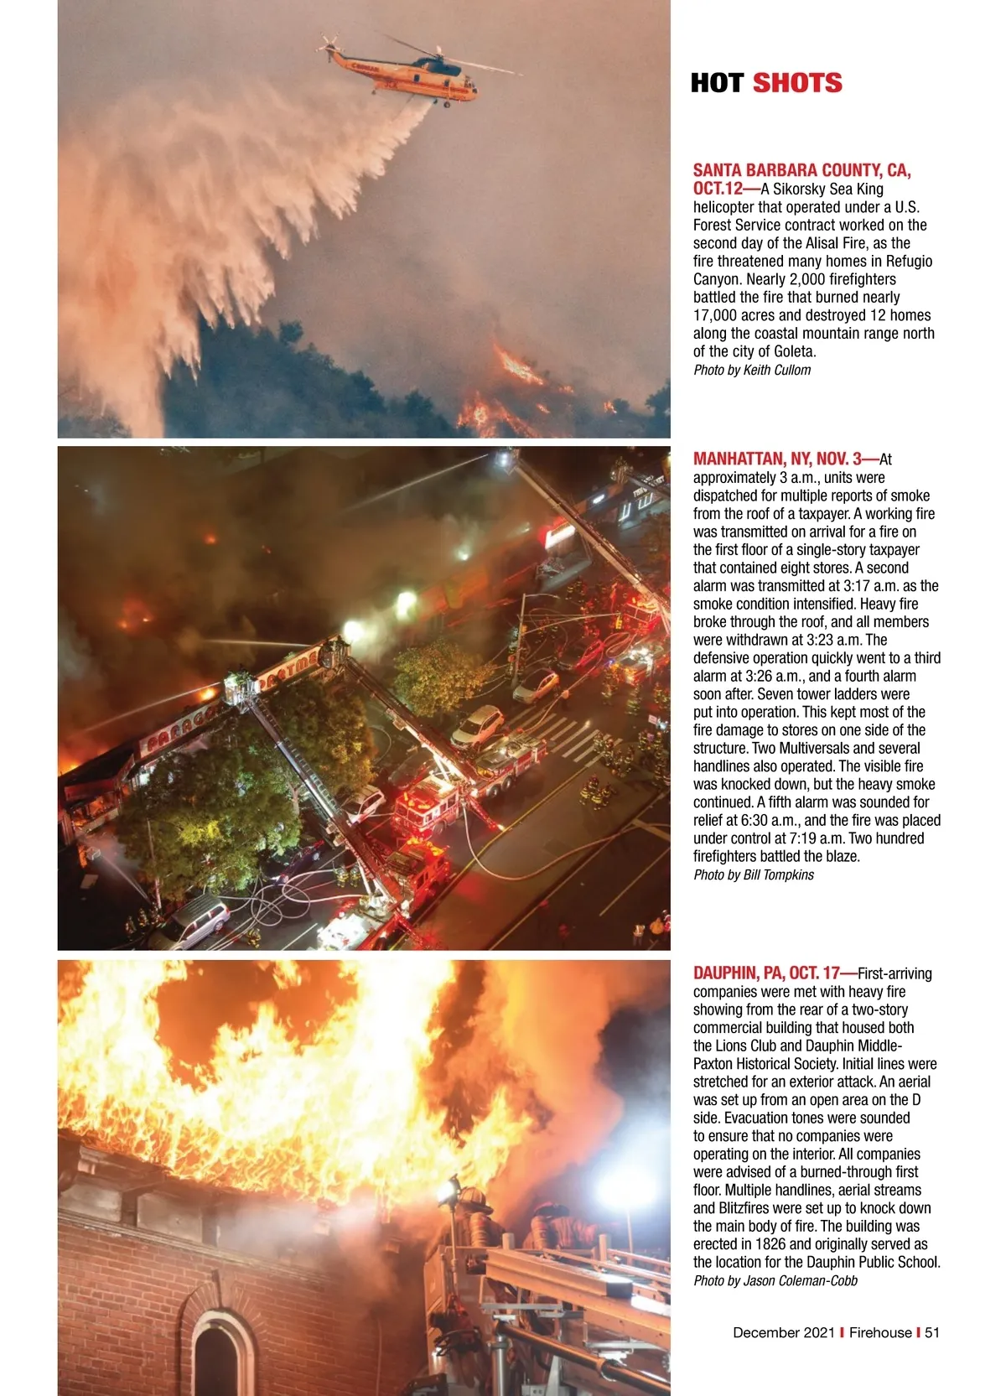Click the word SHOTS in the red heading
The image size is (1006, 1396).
click(796, 83)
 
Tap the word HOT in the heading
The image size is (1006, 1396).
click(718, 83)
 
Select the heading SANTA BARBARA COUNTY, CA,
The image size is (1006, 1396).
click(801, 170)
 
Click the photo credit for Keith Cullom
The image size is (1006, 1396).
click(752, 370)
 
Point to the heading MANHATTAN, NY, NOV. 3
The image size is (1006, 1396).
click(777, 459)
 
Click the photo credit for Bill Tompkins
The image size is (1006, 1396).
click(754, 874)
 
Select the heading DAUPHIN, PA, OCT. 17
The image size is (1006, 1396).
click(766, 973)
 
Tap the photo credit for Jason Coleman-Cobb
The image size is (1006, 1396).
click(775, 1280)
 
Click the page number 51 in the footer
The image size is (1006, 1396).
click(932, 1332)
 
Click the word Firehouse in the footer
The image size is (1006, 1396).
click(880, 1332)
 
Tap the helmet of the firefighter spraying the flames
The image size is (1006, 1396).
click(472, 1197)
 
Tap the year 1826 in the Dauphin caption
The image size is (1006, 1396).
click(770, 1244)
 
